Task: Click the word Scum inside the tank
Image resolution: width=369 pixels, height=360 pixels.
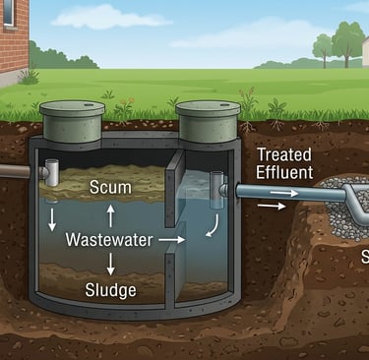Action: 110,187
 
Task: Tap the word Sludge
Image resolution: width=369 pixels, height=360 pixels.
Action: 110,290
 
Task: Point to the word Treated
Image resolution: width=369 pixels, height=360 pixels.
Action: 285,153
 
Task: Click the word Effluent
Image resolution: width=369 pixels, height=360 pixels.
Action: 284,173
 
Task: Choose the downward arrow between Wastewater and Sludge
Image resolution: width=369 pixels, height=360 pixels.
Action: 110,264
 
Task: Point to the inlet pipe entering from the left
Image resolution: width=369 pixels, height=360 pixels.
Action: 15,171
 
